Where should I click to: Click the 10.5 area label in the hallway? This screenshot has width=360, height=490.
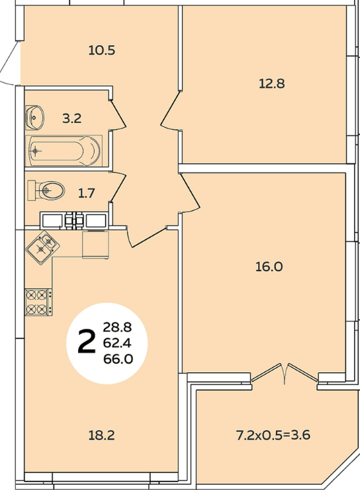click(x=102, y=50)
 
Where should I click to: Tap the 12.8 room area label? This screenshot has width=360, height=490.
click(x=272, y=84)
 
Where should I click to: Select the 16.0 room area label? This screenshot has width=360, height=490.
click(x=269, y=267)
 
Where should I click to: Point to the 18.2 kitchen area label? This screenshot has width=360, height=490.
click(x=102, y=435)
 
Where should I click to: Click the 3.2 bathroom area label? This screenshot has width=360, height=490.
click(x=72, y=118)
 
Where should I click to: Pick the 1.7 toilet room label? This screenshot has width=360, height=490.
click(x=86, y=193)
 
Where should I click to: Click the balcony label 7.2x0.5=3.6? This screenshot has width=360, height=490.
click(x=273, y=435)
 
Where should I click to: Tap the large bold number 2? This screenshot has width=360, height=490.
click(x=86, y=343)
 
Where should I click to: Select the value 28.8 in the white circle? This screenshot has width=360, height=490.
click(x=117, y=327)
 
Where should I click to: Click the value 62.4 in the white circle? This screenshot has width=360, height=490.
click(x=117, y=343)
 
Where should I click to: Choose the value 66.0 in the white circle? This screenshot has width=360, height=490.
click(x=118, y=359)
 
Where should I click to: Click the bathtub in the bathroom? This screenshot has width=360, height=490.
click(x=65, y=151)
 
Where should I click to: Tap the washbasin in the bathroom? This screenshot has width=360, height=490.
click(x=34, y=118)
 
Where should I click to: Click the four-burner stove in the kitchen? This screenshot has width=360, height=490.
click(x=38, y=302)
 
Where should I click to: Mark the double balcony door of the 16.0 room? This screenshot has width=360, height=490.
click(x=285, y=373)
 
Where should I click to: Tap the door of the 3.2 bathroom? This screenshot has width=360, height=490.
click(x=118, y=114)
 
